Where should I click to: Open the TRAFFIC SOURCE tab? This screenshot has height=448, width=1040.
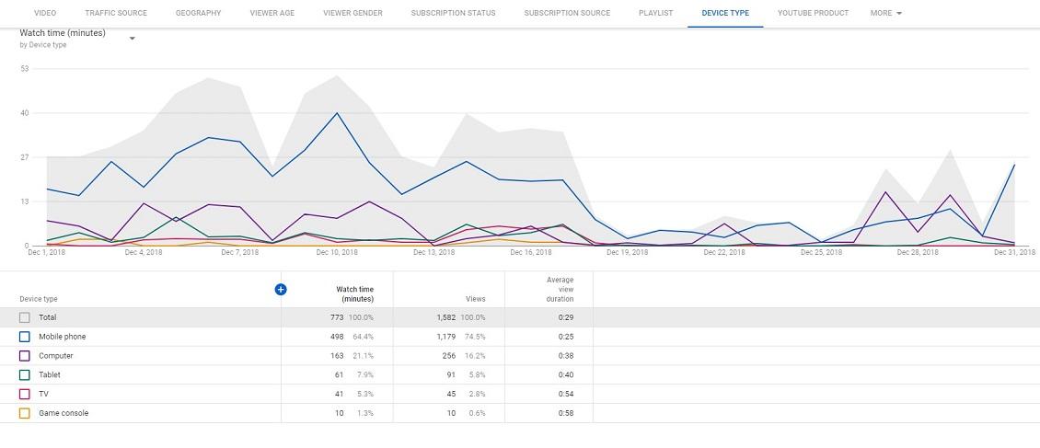click(x=116, y=13)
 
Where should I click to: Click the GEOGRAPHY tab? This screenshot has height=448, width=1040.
click(x=198, y=13)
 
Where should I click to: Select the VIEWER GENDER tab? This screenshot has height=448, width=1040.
click(x=352, y=13)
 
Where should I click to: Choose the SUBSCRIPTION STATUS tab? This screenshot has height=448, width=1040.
click(x=453, y=13)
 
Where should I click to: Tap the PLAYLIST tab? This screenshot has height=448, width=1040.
click(x=655, y=13)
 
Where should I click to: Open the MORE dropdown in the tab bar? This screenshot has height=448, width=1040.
click(x=885, y=13)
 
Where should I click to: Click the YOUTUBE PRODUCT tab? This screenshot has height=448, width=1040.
click(x=813, y=13)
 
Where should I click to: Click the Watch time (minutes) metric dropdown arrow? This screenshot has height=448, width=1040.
click(x=133, y=39)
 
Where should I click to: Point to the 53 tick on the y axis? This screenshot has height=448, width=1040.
click(x=24, y=69)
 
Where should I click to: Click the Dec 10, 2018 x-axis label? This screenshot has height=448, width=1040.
click(x=337, y=252)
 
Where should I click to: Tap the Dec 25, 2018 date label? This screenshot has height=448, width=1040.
click(x=821, y=252)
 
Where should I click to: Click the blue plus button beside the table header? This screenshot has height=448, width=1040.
click(x=281, y=289)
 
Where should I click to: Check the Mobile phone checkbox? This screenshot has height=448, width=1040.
click(x=25, y=337)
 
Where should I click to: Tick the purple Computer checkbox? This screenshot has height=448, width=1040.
click(x=25, y=356)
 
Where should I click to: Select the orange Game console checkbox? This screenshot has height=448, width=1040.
click(x=25, y=413)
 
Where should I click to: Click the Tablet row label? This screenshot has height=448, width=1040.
click(x=50, y=374)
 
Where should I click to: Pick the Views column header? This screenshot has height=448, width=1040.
click(x=474, y=299)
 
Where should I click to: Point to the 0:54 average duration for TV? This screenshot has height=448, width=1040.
click(x=566, y=394)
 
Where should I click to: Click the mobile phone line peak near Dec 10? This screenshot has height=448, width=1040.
click(x=337, y=113)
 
